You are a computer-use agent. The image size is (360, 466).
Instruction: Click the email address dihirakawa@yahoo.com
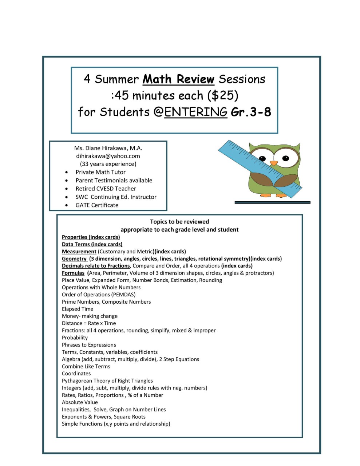(x=108, y=156)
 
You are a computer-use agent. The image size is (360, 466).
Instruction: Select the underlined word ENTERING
(x=196, y=112)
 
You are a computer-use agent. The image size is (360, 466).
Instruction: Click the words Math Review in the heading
(x=178, y=79)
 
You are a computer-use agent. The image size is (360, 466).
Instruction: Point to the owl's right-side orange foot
(x=281, y=195)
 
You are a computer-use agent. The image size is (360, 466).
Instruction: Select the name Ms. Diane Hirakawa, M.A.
(x=108, y=148)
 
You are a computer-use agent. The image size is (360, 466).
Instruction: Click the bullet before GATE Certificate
(x=66, y=205)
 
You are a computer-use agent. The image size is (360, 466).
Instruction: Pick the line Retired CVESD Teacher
(x=106, y=189)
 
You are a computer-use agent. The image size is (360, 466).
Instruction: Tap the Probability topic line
(x=75, y=337)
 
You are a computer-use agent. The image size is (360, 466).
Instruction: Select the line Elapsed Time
(x=78, y=309)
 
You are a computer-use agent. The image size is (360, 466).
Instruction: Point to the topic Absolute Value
(x=80, y=402)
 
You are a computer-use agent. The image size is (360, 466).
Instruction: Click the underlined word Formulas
(x=73, y=273)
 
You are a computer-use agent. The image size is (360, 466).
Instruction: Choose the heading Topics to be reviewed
(x=179, y=222)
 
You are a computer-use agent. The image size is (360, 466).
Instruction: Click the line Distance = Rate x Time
(x=89, y=323)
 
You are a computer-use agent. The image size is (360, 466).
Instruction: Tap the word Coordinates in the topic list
(x=76, y=374)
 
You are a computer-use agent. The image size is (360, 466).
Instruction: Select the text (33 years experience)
(x=108, y=164)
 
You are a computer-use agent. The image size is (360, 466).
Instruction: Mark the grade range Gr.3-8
(x=251, y=112)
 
